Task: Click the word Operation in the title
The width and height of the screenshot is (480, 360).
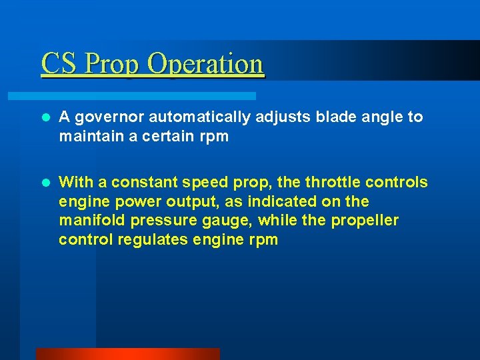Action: click(x=205, y=65)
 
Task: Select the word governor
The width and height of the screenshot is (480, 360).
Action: click(x=108, y=117)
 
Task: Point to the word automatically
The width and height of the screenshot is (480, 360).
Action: click(x=199, y=117)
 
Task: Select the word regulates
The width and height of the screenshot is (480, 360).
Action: click(x=153, y=240)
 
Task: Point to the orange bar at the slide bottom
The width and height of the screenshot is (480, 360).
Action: click(x=127, y=354)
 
